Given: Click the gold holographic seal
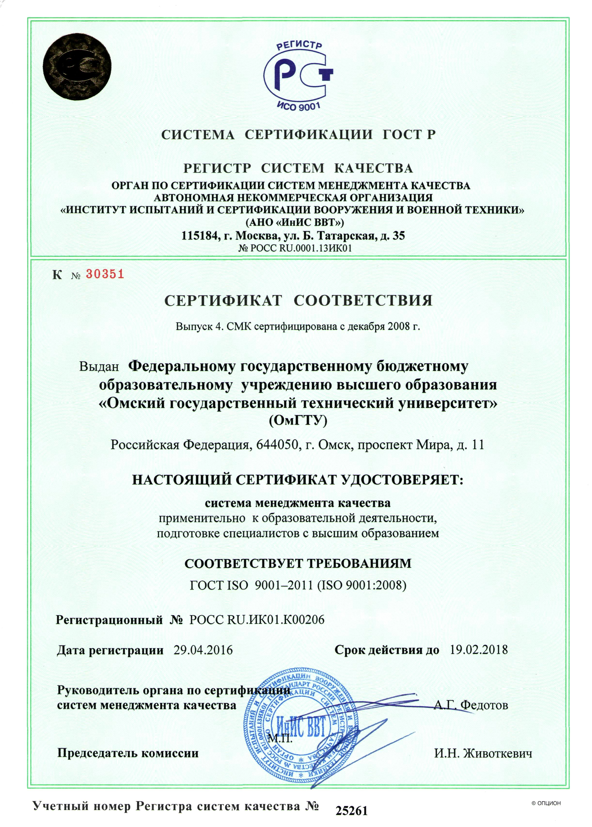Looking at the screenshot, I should [77, 68].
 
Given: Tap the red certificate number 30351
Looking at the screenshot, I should [105, 274].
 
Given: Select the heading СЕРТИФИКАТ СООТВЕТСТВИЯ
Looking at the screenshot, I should [298, 301].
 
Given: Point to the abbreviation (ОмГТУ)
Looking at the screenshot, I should [298, 421].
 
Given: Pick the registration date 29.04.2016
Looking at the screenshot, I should [203, 650].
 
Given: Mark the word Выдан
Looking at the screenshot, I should [99, 366].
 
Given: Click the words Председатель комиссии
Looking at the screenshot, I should [128, 753].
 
